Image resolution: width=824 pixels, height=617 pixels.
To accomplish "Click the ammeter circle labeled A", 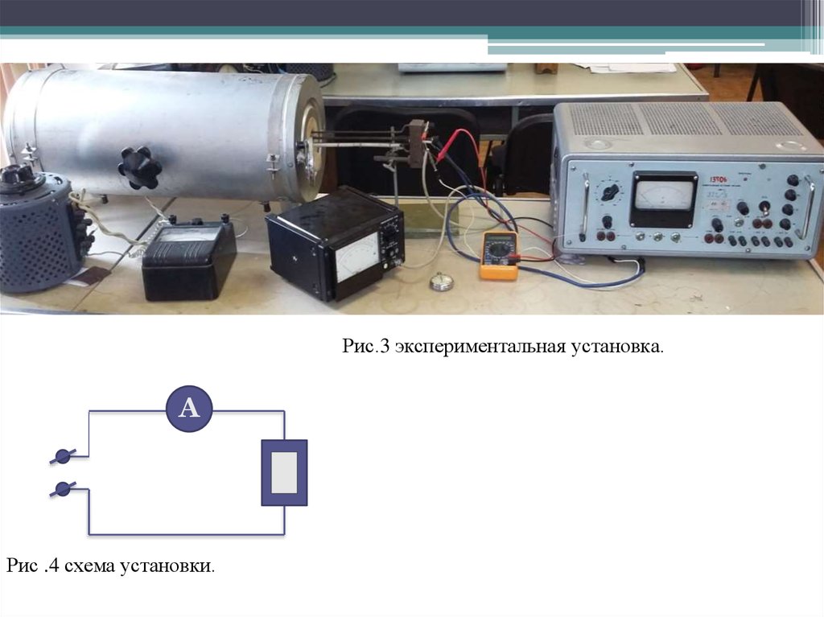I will [x=189, y=409].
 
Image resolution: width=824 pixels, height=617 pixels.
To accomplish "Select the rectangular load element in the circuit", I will [x=284, y=472].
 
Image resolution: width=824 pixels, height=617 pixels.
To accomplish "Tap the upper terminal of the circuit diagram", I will [x=63, y=457].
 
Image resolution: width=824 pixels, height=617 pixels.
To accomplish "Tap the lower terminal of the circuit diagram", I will [x=63, y=488].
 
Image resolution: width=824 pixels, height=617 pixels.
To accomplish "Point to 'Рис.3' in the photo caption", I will [x=365, y=348].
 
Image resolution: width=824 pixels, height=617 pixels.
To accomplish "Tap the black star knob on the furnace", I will [x=139, y=167].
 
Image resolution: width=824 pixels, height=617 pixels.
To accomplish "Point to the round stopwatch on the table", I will [x=439, y=282].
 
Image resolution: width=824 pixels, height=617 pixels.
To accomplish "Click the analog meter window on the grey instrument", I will [x=663, y=196].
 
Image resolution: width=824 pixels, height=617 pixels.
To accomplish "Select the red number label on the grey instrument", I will [x=719, y=182].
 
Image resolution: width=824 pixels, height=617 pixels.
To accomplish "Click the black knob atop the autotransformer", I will [x=14, y=174].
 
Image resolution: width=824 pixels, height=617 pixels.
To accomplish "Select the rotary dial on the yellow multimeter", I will [x=501, y=250].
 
